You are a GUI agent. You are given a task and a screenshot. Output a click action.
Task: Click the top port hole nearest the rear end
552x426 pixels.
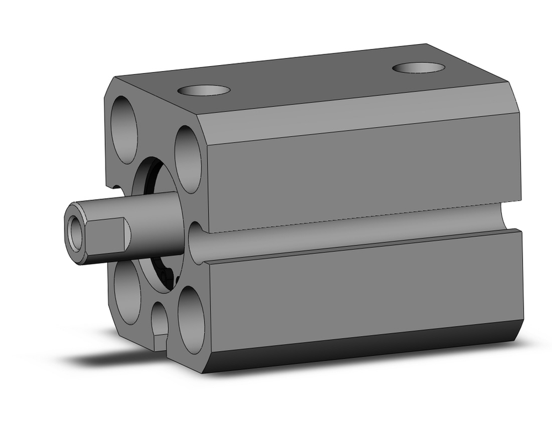coord(418,68)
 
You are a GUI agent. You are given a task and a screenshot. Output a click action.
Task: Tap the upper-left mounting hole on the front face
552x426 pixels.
coord(124,129)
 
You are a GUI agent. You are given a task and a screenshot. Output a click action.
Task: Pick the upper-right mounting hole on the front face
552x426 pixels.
coord(188,159)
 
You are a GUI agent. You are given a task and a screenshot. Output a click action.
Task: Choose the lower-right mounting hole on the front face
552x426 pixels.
coord(191,320)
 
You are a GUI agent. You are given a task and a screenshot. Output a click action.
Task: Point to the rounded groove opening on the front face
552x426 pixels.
coord(197,243)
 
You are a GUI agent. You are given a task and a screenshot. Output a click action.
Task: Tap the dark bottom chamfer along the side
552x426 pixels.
coord(359,345)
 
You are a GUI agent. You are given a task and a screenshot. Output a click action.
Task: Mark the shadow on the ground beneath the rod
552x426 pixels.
coord(110,359)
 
